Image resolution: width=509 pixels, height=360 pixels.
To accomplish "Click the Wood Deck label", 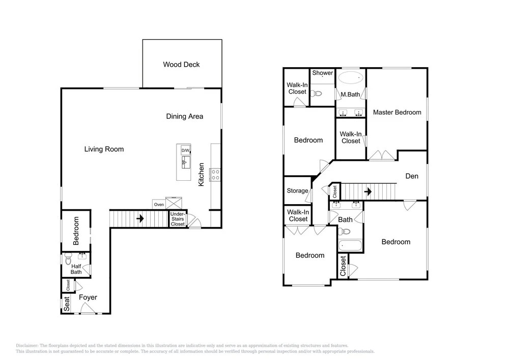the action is click(181, 64).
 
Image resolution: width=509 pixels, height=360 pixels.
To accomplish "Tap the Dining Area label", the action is click(185, 116).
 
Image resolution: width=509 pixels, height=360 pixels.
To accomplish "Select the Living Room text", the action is click(104, 149).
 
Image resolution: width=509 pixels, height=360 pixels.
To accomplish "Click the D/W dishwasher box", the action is click(186, 150).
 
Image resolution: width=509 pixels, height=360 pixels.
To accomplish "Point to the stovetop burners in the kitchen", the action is click(215, 174).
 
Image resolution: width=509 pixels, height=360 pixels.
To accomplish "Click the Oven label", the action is click(159, 205).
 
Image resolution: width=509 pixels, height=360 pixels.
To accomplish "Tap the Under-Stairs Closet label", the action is click(178, 219).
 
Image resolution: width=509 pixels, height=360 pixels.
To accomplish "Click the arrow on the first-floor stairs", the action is click(140, 218).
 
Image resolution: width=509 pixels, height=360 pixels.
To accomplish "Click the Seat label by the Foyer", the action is click(67, 304).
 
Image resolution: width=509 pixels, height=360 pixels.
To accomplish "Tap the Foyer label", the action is click(88, 297).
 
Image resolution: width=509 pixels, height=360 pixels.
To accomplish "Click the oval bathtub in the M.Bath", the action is click(351, 78).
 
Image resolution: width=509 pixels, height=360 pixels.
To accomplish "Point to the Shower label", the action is click(322, 73).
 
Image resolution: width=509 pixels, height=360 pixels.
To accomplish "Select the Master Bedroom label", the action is click(397, 113).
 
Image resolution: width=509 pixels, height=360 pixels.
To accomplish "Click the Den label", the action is click(412, 176).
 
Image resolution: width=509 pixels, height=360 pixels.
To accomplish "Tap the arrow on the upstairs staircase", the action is click(368, 191).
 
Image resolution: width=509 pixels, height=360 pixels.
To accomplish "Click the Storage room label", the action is click(297, 190).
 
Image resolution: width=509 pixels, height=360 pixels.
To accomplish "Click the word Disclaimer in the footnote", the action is click(27, 346).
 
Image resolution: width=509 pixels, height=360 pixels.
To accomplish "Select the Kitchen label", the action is click(201, 175).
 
